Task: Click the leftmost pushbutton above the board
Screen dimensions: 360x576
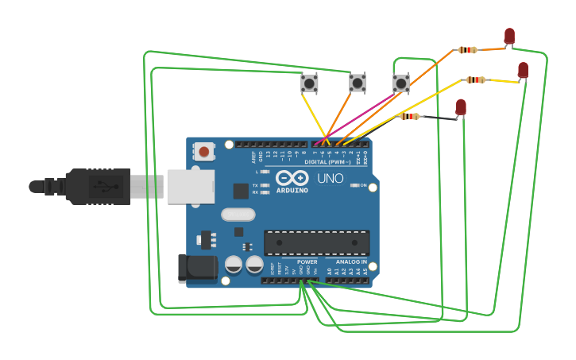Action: (x=309, y=83)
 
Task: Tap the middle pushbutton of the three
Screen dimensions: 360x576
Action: (x=358, y=82)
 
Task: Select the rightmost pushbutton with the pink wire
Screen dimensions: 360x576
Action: (x=401, y=83)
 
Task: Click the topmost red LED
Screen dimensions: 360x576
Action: (x=509, y=36)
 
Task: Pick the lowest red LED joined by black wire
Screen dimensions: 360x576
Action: (x=461, y=106)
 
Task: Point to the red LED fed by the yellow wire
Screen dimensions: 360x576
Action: (x=523, y=70)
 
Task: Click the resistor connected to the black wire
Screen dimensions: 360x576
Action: (x=410, y=117)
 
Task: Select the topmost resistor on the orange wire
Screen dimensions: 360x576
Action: (x=467, y=50)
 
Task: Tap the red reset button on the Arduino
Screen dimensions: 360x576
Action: (x=204, y=151)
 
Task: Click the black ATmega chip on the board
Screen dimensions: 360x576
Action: (x=316, y=242)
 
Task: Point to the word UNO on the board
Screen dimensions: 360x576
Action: (x=331, y=179)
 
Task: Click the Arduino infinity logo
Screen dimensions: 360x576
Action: (x=292, y=178)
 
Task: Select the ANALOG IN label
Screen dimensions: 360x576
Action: (x=351, y=261)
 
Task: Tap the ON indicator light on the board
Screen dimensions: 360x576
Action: (x=354, y=185)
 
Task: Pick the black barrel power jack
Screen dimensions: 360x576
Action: (x=195, y=268)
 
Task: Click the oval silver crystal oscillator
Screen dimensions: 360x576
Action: (x=238, y=214)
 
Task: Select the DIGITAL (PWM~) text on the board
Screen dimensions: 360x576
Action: (x=327, y=161)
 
